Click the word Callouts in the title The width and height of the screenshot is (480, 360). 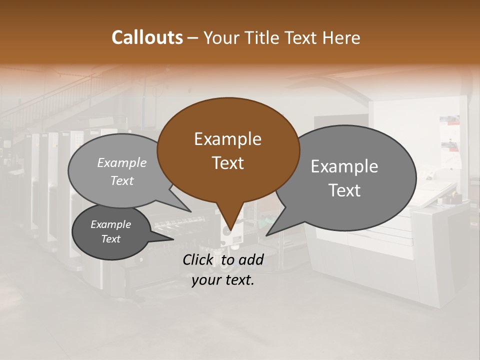click(147, 37)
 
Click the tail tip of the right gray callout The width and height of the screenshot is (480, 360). click(267, 234)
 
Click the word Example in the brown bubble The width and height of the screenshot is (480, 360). click(227, 139)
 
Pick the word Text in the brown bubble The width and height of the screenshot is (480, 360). click(227, 163)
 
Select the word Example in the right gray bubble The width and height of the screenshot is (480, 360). click(344, 166)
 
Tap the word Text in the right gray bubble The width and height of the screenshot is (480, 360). click(344, 190)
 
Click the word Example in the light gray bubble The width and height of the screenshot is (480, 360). click(122, 163)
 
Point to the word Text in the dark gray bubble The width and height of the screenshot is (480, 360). click(110, 239)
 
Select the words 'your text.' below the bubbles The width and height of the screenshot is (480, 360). click(223, 280)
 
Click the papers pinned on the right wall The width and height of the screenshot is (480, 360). click(450, 140)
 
